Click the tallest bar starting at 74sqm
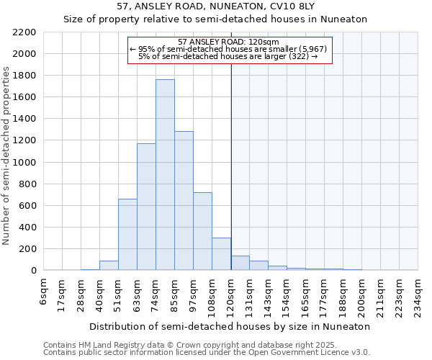(x=165, y=175)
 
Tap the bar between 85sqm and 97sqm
(x=184, y=201)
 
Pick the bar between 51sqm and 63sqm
(x=127, y=235)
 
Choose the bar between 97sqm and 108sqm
(x=202, y=231)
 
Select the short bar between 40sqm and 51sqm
(x=109, y=266)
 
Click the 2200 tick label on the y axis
(x=24, y=32)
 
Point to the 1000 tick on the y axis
(x=24, y=163)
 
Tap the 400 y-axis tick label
(x=27, y=228)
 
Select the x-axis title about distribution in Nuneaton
(x=230, y=326)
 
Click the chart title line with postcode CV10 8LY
(x=215, y=6)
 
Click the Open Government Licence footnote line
(x=207, y=352)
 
